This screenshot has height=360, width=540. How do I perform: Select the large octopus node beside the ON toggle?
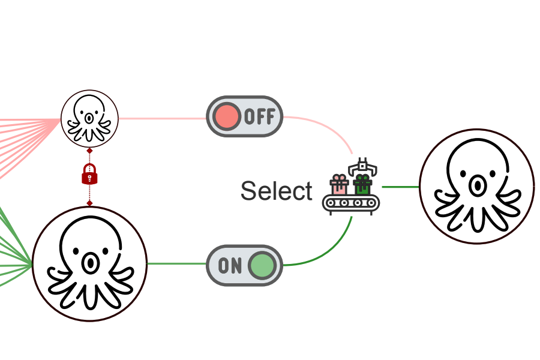89,264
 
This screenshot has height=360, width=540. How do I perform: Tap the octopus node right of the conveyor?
476,187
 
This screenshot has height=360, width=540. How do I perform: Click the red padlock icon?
89,174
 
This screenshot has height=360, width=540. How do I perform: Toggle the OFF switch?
244,116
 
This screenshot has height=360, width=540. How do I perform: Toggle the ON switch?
244,265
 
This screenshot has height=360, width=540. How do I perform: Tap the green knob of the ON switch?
262,265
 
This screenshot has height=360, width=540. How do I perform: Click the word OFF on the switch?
259,116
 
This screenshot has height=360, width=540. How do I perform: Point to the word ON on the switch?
230,265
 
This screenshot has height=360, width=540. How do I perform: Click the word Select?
276,191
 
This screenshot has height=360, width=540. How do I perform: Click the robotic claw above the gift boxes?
362,166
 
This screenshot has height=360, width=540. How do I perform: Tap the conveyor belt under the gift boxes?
351,204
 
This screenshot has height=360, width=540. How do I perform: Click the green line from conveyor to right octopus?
400,187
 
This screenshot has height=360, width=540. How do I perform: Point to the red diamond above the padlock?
89,151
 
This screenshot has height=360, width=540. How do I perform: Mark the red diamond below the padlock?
89,203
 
